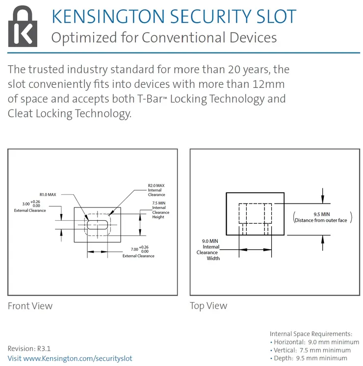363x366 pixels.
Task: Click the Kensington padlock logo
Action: [23, 26]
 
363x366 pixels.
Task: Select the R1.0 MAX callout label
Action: [48, 194]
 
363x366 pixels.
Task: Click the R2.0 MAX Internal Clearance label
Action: [156, 190]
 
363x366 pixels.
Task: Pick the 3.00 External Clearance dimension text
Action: [30, 206]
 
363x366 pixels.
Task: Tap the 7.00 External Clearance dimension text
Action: [138, 251]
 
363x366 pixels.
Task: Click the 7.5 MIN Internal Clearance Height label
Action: [160, 210]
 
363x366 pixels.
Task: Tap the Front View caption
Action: [30, 306]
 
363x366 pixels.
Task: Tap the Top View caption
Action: [208, 306]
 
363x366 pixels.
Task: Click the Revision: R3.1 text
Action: [29, 348]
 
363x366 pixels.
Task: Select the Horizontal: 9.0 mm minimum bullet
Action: [314, 342]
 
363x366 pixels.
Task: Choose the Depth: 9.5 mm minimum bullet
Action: [309, 358]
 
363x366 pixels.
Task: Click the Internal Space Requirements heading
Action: [311, 334]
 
